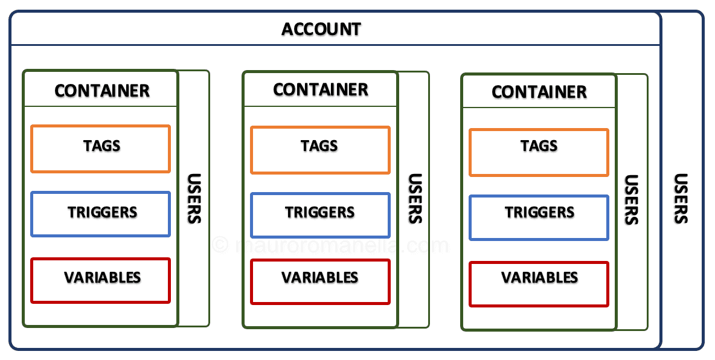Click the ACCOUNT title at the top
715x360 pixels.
(x=321, y=29)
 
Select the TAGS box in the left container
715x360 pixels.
(x=101, y=149)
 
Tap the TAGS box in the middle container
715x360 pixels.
(x=320, y=150)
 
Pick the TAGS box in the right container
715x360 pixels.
(x=539, y=152)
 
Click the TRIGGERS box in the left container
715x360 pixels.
(x=101, y=214)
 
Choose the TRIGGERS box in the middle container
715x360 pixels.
(x=320, y=214)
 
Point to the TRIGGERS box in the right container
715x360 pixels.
(x=539, y=217)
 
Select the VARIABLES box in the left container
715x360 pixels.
(x=101, y=280)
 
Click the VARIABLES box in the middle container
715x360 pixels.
(x=320, y=281)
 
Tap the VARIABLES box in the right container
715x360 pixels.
(x=539, y=284)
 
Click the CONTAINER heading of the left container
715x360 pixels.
(x=101, y=91)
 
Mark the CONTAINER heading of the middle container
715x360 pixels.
(x=321, y=90)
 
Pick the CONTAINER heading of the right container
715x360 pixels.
(x=539, y=92)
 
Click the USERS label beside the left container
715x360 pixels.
(x=194, y=199)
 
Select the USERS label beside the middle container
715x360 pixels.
(x=414, y=199)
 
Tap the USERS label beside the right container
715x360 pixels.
(x=631, y=200)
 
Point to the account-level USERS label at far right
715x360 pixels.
(x=681, y=199)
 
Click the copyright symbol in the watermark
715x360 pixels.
(x=220, y=245)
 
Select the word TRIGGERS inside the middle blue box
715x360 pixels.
(x=320, y=213)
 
